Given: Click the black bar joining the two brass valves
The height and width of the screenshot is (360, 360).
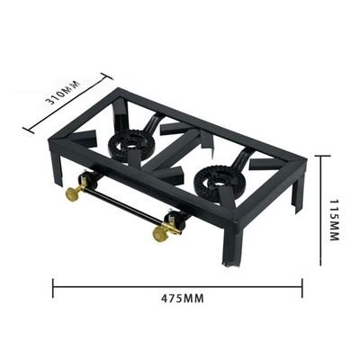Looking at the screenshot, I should click(x=117, y=211).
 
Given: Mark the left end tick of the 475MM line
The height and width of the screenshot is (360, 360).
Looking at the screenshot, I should click(x=53, y=289).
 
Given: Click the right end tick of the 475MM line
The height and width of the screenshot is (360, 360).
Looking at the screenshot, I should click(x=302, y=289).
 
